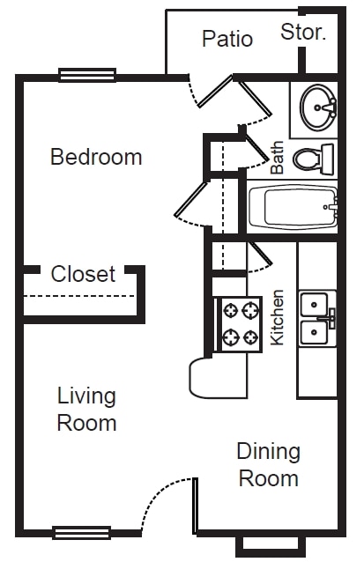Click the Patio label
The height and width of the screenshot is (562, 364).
227,39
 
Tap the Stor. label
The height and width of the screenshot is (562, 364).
303,33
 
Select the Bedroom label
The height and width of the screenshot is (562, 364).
96,158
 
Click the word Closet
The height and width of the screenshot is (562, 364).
83,274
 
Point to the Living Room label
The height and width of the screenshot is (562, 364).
86,409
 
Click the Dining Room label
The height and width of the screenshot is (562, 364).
269,465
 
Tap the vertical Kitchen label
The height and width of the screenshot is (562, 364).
277,317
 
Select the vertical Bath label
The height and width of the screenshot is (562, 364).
278,159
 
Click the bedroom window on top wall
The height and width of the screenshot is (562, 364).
87,76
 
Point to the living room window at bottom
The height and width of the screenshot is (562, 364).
81,532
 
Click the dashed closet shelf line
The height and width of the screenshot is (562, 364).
79,297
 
